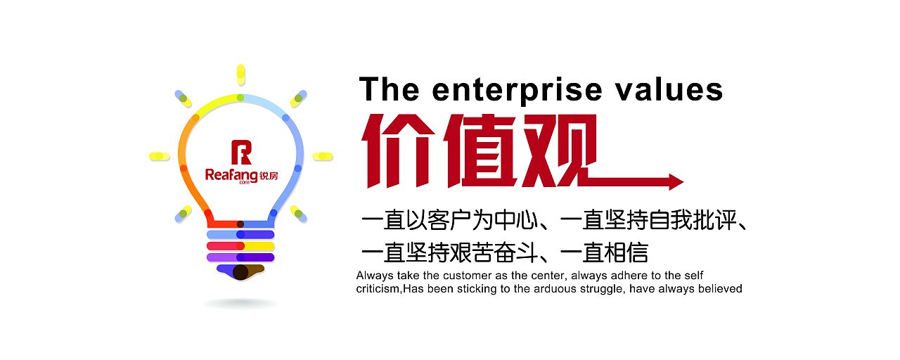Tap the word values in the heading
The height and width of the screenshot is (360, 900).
[670, 89]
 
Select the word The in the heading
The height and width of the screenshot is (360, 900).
[389, 89]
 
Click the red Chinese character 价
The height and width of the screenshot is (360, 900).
[398, 151]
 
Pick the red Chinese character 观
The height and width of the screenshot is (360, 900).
[558, 151]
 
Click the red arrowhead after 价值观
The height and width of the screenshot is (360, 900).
[676, 182]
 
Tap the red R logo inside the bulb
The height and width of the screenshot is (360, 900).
[241, 153]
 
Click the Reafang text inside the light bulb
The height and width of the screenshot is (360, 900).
[231, 175]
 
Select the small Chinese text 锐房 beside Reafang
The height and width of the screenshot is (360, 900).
[269, 176]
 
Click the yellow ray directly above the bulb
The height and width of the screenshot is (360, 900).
[240, 75]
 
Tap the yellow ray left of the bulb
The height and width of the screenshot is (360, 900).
[160, 156]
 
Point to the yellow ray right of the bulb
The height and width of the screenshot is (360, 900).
[323, 156]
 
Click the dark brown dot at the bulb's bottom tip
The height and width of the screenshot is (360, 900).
[240, 272]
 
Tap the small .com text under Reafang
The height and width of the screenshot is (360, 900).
[244, 183]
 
